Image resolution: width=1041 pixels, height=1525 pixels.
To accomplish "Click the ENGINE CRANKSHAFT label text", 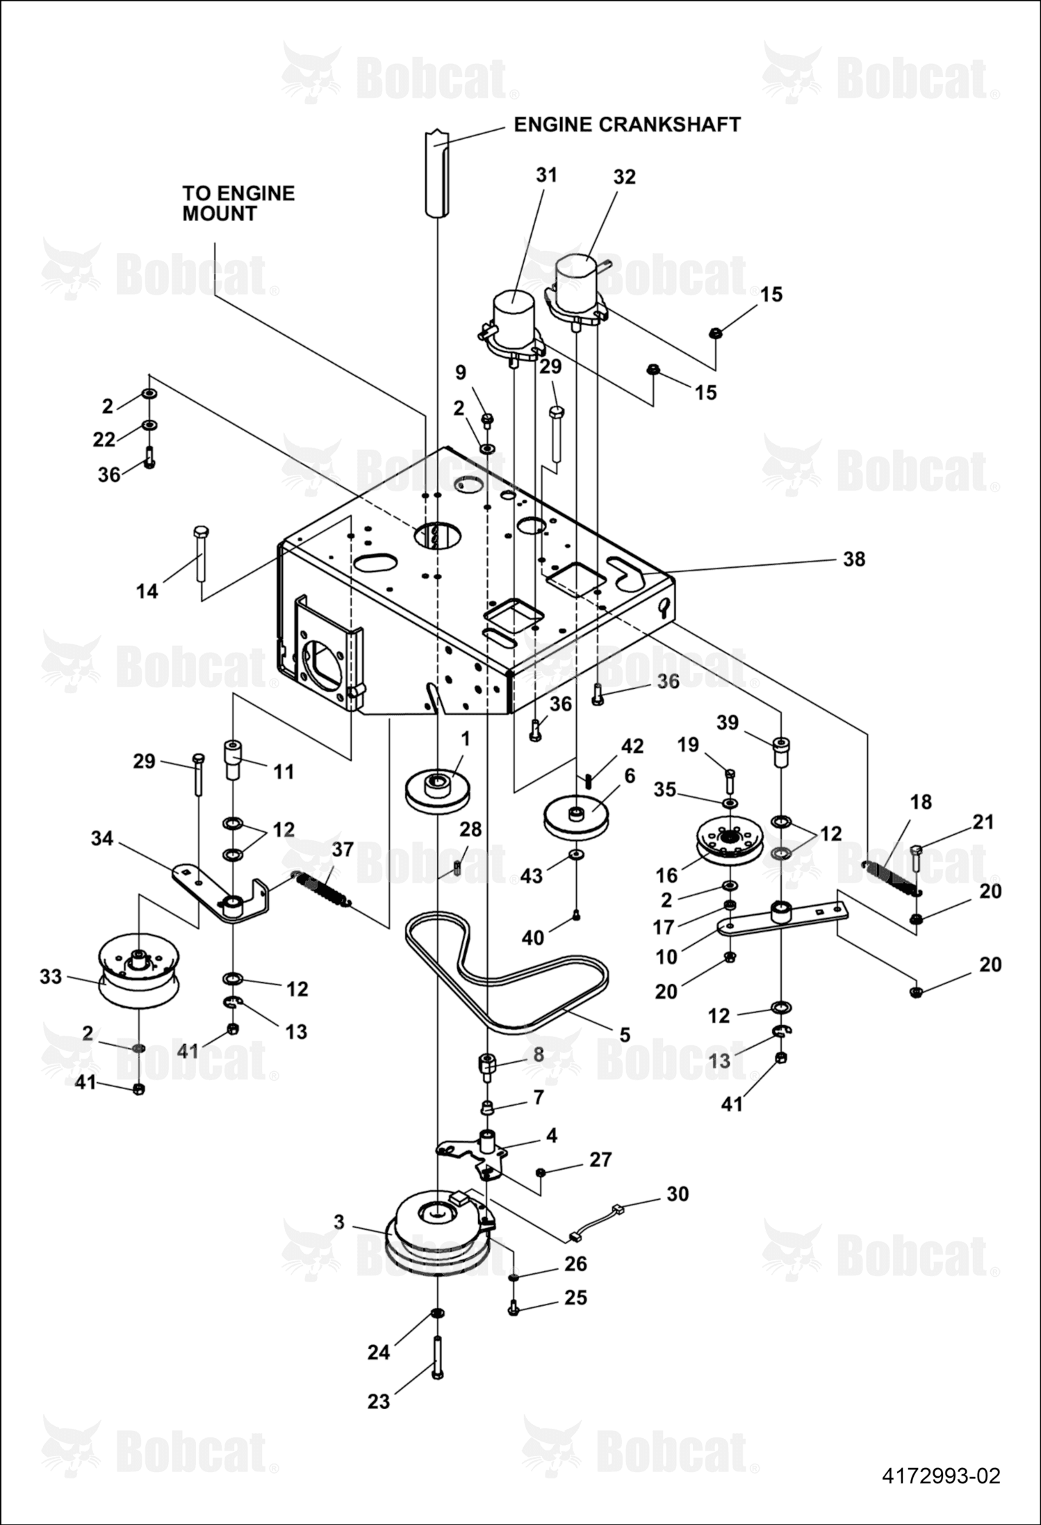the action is click(627, 124).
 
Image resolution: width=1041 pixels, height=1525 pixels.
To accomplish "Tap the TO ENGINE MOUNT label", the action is click(238, 203).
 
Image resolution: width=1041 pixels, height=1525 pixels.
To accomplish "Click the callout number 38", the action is click(854, 558).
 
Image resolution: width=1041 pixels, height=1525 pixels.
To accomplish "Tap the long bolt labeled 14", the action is click(199, 553).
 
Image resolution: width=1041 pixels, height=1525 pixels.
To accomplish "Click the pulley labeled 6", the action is click(576, 819).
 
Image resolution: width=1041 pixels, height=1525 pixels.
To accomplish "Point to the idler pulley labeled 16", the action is click(729, 845).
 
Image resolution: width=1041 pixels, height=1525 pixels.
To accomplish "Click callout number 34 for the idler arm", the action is click(103, 839).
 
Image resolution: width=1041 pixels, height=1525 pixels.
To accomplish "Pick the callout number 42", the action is click(632, 746).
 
